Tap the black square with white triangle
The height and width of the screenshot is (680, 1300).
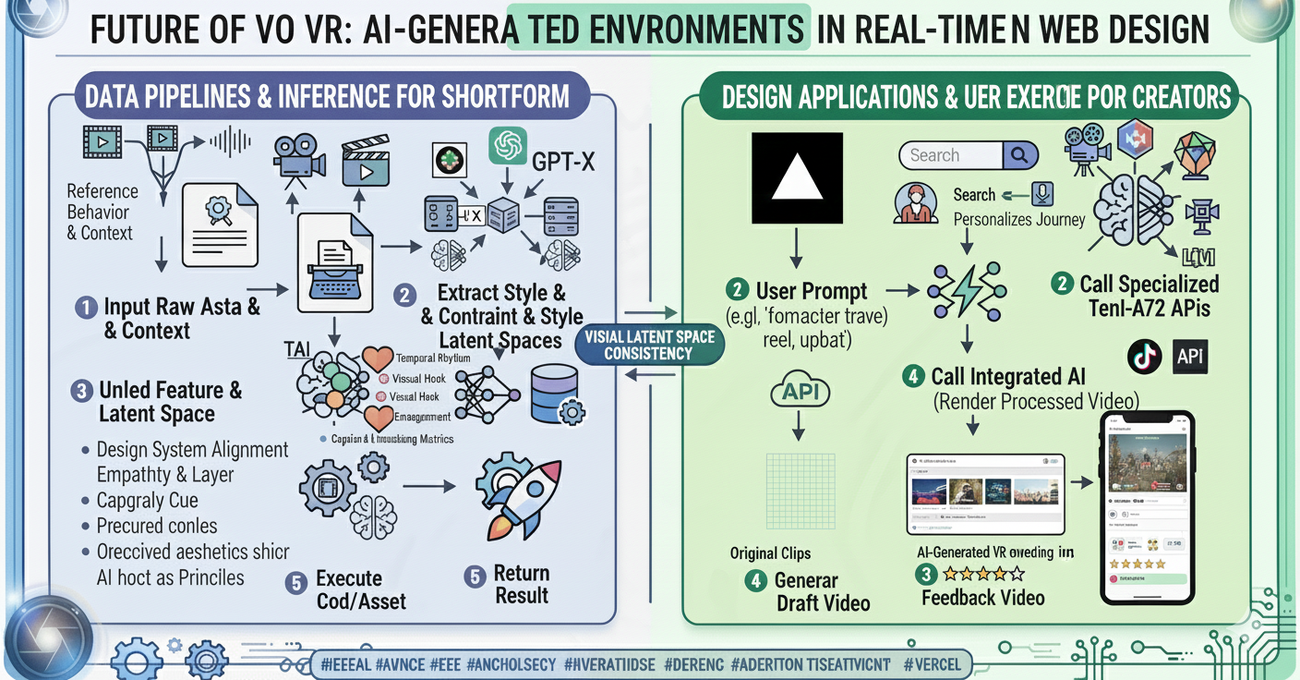[x=798, y=178]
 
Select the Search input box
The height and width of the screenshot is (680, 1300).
[x=951, y=155]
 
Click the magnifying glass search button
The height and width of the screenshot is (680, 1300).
[x=1019, y=155]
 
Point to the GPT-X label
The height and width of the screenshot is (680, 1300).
[x=563, y=163]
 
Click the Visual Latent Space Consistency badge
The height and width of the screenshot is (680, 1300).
[x=650, y=345]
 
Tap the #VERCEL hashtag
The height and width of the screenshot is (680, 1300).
[x=933, y=663]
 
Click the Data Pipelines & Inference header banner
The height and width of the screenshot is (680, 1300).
[x=327, y=95]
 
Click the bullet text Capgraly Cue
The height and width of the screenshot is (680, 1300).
[x=147, y=501]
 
